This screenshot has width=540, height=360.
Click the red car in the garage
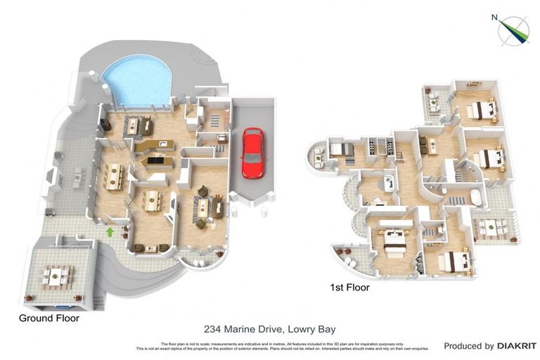(x=252, y=153)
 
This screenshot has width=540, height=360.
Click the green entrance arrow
(x=110, y=231)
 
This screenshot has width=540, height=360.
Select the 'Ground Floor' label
(x=49, y=319)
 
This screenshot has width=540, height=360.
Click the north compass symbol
(x=513, y=30)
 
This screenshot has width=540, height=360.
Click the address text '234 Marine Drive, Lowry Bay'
(x=269, y=328)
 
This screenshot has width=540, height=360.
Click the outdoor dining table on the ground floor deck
(x=56, y=276)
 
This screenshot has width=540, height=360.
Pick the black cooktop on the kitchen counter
(x=154, y=161)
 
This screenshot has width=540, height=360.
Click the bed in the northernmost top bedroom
(x=482, y=109)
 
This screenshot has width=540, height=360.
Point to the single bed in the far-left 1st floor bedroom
(x=340, y=148)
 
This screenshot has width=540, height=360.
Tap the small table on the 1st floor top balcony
(x=435, y=105)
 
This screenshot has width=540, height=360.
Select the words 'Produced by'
(x=468, y=346)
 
